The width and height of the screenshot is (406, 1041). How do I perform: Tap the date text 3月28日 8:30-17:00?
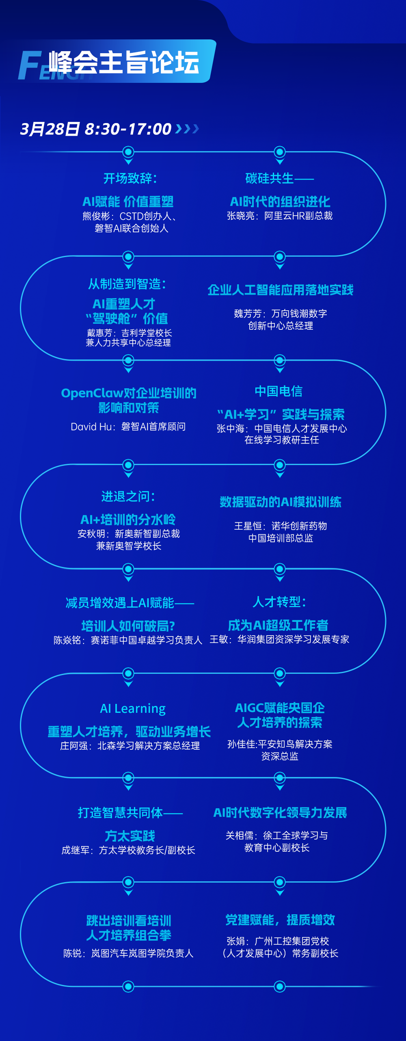tap(96, 129)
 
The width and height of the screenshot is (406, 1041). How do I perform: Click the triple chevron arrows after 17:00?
tap(187, 129)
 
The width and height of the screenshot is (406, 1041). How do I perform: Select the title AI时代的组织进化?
tap(280, 201)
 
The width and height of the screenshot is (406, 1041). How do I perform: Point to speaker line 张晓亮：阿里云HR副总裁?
tap(280, 216)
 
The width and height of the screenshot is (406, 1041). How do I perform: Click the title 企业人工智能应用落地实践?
tap(281, 290)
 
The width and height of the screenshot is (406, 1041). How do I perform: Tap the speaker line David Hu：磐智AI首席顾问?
tap(128, 426)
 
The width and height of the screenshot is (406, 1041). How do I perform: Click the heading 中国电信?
tap(279, 391)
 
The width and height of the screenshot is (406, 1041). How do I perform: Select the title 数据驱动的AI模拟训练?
tap(281, 502)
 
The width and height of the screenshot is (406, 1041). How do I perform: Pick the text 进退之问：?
tap(128, 496)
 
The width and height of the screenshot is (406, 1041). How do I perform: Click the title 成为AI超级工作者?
tap(278, 625)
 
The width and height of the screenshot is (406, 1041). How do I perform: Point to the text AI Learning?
tap(133, 708)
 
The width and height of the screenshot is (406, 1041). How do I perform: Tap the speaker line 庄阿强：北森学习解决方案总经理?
tap(130, 746)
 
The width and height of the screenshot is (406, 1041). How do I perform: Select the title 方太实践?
tap(130, 836)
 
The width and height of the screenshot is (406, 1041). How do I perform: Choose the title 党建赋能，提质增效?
tap(280, 920)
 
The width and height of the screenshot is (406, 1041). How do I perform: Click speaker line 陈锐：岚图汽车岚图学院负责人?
tap(128, 953)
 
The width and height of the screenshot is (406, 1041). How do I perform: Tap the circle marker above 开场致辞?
tap(128, 152)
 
